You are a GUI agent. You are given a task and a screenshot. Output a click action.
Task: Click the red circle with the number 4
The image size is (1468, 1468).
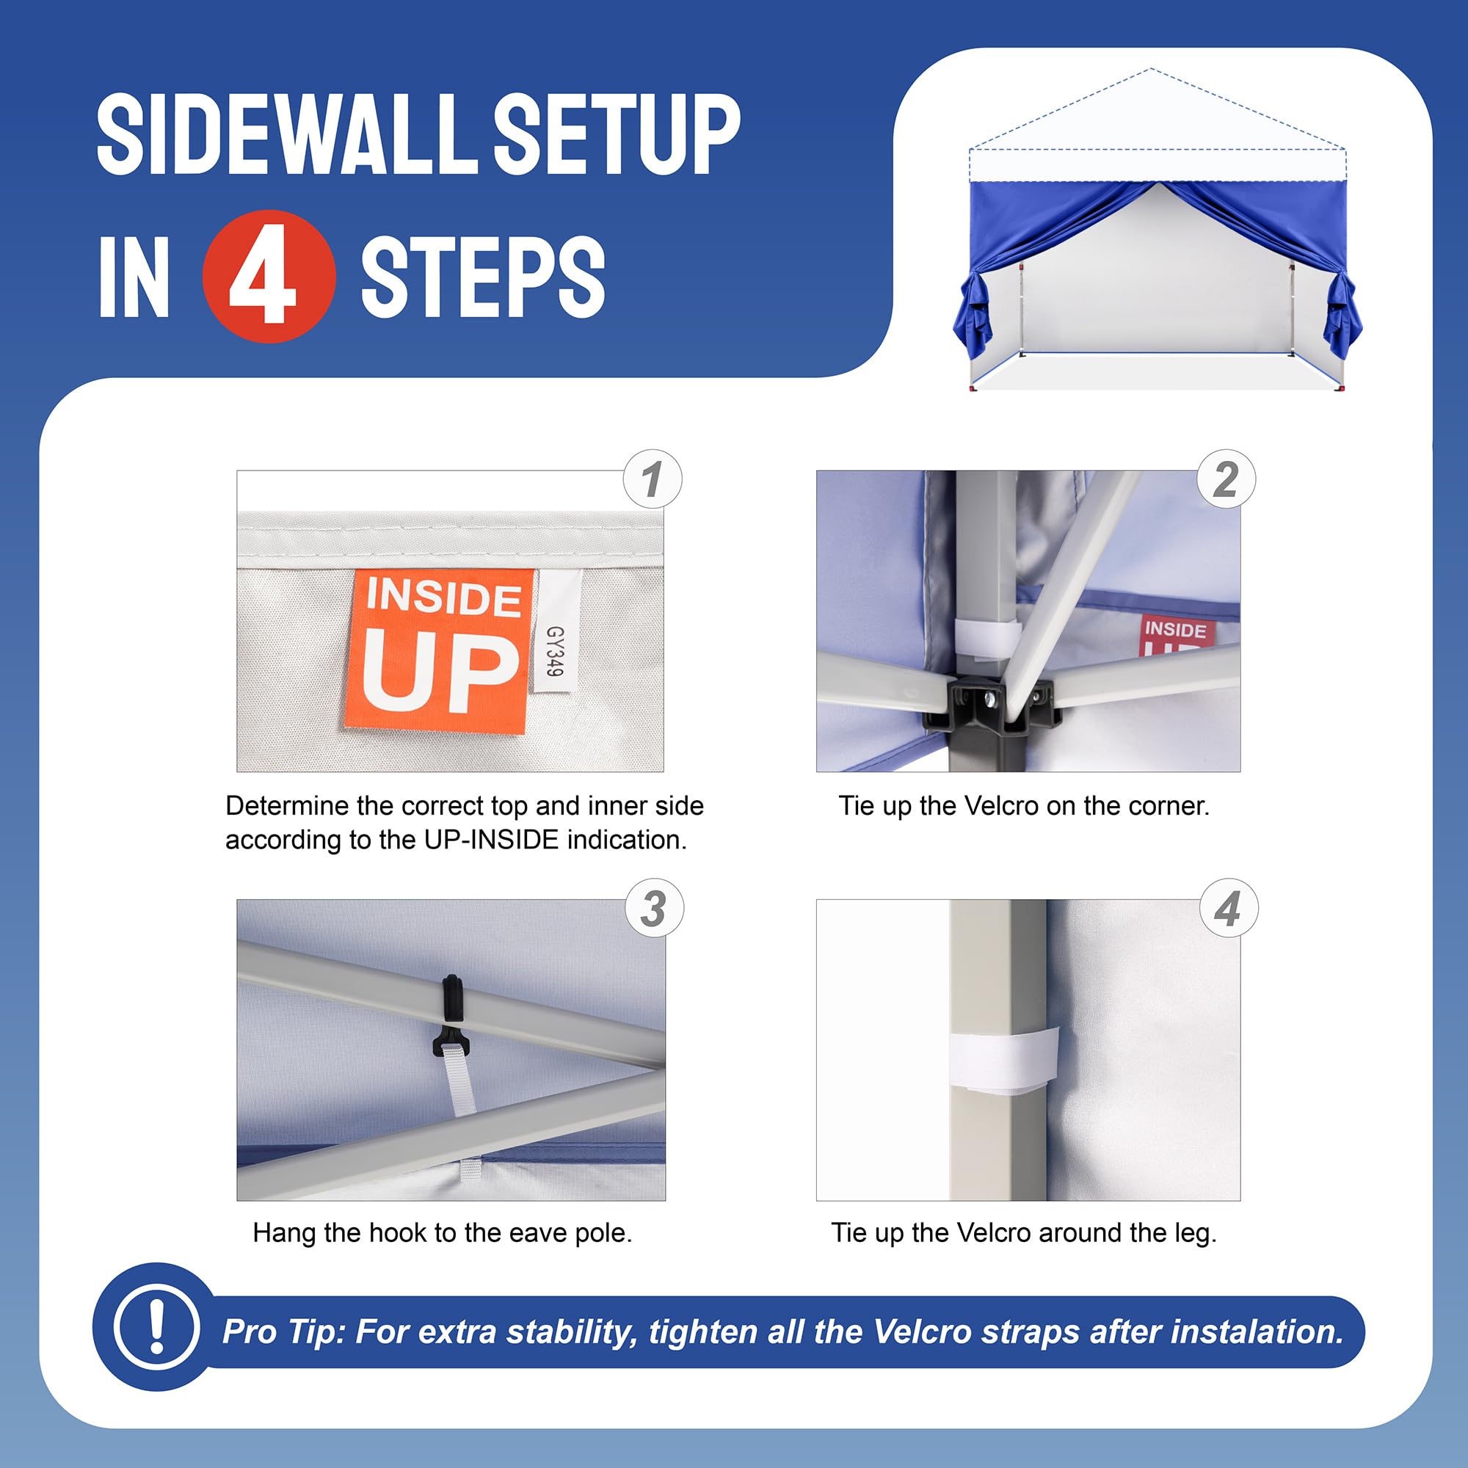tap(269, 277)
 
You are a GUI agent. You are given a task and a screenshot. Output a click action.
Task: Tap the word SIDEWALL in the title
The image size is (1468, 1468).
tap(288, 135)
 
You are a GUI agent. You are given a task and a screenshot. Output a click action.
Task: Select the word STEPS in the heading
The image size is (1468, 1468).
tap(482, 277)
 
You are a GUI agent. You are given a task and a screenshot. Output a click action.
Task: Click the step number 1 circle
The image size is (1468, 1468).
tap(652, 479)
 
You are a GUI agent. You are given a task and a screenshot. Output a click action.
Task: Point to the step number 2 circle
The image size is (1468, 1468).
tap(1226, 479)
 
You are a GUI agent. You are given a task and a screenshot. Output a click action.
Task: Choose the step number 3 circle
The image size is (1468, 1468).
tap(654, 908)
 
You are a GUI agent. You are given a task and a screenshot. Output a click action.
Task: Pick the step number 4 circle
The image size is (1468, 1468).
tap(1228, 908)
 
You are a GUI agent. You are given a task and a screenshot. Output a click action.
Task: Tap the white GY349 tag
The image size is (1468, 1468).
tap(556, 631)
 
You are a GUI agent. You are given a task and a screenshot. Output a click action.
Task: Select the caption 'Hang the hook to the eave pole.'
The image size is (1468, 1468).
tap(442, 1232)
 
